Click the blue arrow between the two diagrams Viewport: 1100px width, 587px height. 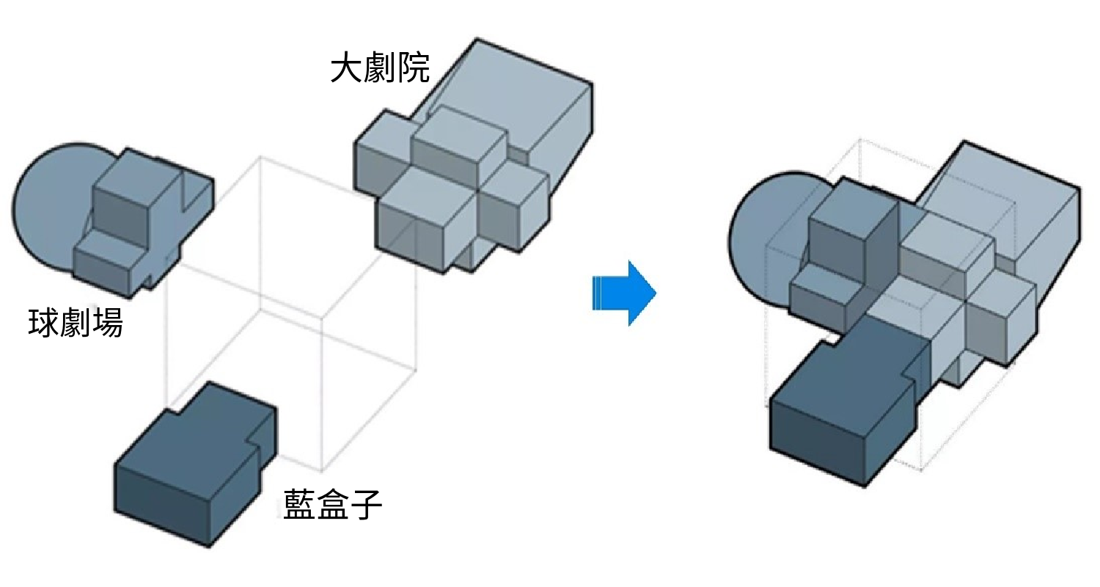pyautogui.click(x=624, y=293)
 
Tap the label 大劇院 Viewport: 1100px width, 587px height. pyautogui.click(x=380, y=68)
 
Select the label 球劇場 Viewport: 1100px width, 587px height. pyautogui.click(x=75, y=323)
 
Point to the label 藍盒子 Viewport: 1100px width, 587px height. pyautogui.click(x=332, y=503)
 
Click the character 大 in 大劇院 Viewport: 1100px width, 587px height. pyautogui.click(x=347, y=68)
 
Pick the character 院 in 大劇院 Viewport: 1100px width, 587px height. pyautogui.click(x=414, y=68)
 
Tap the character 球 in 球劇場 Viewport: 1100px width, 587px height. pyautogui.click(x=43, y=323)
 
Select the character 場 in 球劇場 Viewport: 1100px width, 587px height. pyautogui.click(x=107, y=323)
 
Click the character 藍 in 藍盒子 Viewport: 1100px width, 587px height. pyautogui.click(x=299, y=503)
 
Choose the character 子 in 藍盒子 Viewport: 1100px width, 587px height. pyautogui.click(x=366, y=503)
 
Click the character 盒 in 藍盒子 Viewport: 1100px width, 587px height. pyautogui.click(x=332, y=503)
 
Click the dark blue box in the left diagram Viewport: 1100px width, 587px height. pyautogui.click(x=196, y=464)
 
